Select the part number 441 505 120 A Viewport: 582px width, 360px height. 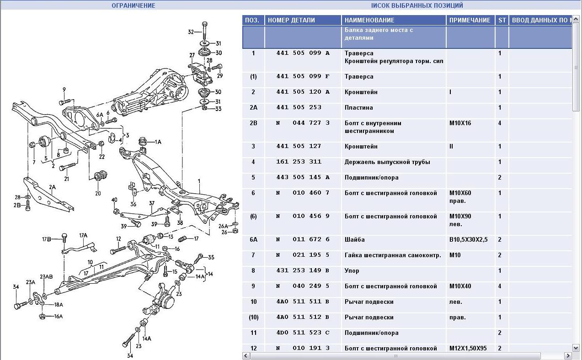point(303,92)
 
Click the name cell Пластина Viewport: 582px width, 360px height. point(359,107)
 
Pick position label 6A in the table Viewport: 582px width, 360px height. point(253,239)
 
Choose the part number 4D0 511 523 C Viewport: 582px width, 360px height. point(303,333)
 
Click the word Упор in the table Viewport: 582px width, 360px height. point(352,270)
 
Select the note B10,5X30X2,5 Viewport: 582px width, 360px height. point(468,239)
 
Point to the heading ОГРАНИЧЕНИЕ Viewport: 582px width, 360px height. point(133,5)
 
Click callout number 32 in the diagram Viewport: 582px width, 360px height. point(191,32)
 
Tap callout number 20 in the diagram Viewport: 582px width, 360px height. point(98,193)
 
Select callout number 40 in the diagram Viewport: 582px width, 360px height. point(114,200)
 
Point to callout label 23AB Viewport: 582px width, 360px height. point(46,276)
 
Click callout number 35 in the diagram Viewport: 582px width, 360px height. point(211,257)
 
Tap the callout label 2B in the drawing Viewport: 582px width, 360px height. point(17,205)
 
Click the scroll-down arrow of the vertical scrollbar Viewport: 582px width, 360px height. point(576,348)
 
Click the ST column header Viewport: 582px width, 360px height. point(502,20)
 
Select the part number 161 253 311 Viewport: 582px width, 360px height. point(299,162)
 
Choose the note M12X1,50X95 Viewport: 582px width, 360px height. point(468,348)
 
